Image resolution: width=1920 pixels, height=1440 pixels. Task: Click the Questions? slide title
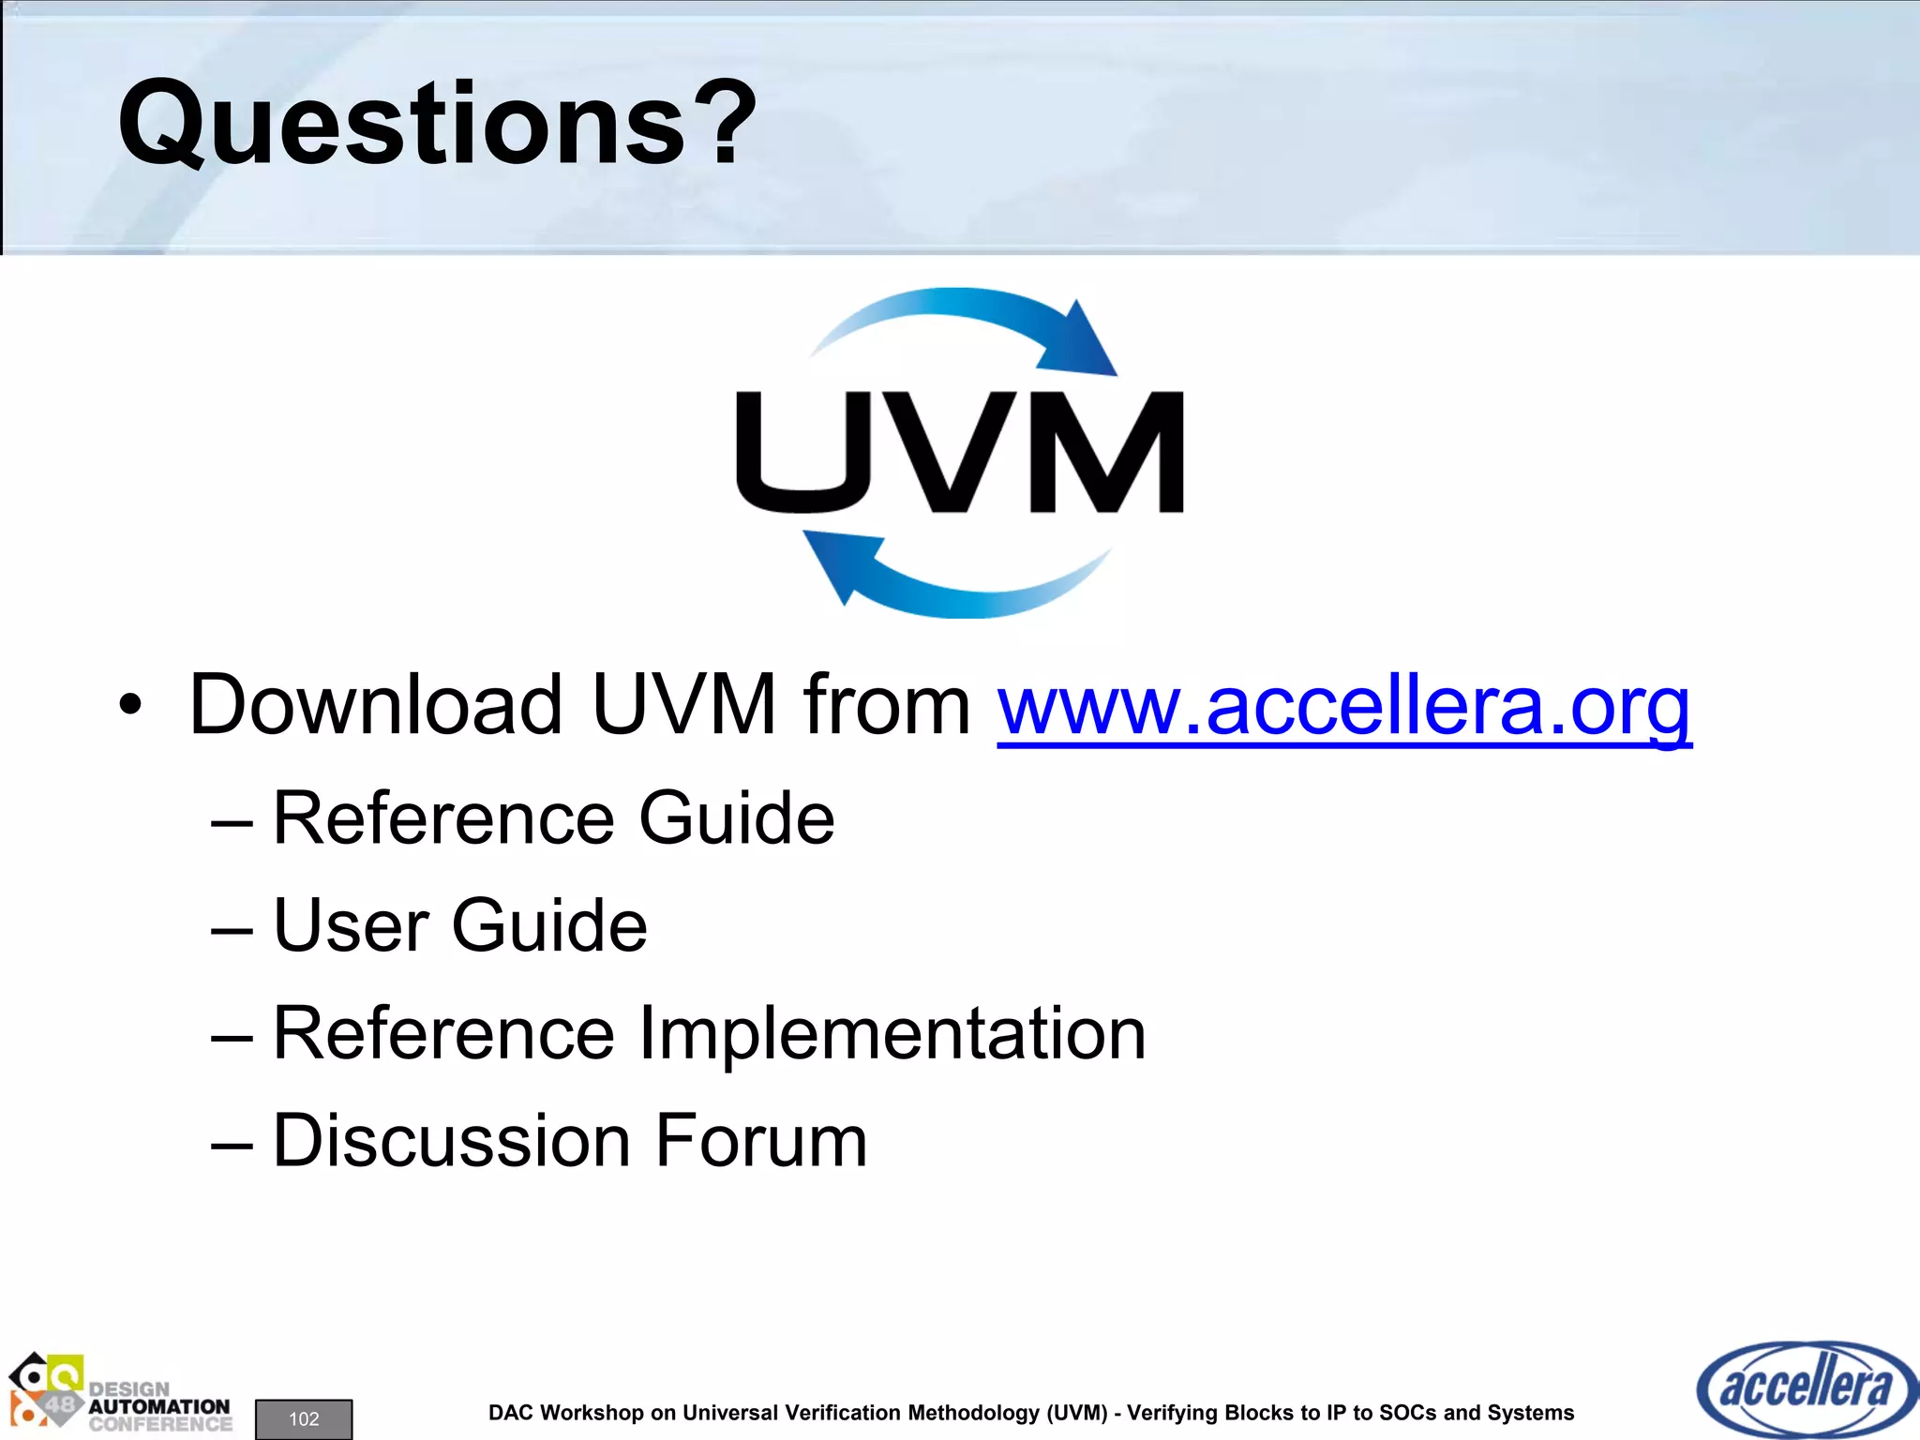[x=437, y=123]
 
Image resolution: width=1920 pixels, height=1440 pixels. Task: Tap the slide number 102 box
[x=304, y=1418]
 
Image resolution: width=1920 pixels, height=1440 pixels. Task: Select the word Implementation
[x=892, y=1033]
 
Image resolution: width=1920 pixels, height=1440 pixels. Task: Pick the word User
[x=351, y=925]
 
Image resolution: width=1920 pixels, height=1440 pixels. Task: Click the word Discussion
[x=452, y=1141]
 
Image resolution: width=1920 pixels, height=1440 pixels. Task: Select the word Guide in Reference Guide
[x=736, y=818]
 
